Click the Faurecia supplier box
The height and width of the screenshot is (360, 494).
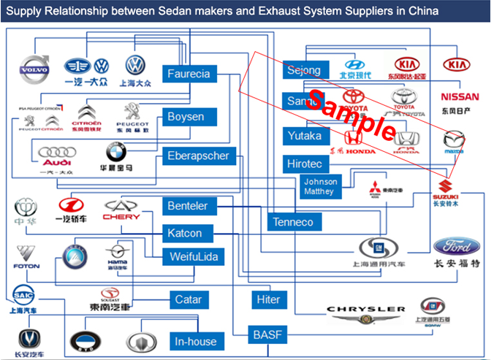click(189, 74)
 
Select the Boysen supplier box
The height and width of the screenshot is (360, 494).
click(186, 117)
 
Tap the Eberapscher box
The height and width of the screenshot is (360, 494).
click(198, 156)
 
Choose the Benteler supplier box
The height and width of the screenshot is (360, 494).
click(188, 207)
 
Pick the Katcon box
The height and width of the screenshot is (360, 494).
click(184, 234)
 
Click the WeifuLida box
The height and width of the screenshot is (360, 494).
click(194, 258)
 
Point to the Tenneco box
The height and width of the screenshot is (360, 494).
click(292, 222)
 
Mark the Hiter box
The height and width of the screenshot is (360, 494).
click(268, 300)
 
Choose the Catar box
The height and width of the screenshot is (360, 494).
click(188, 299)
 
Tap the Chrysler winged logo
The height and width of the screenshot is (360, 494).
click(365, 314)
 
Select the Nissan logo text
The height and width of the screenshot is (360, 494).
click(460, 97)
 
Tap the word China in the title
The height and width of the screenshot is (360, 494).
click(423, 12)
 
